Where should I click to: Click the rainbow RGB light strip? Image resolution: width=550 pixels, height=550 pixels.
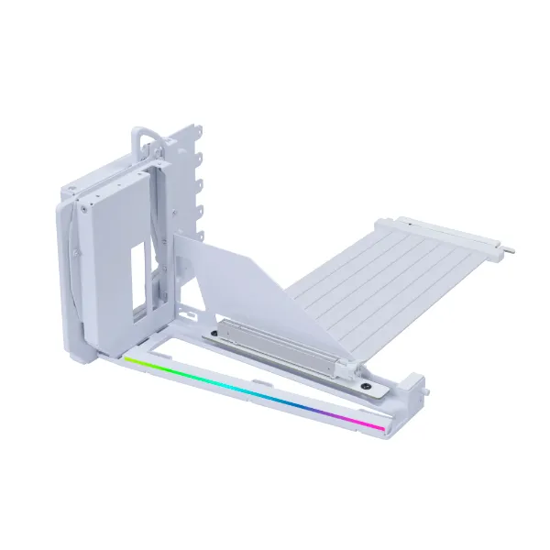[266, 394]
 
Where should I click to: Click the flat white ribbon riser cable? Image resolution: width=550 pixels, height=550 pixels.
[367, 275]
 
